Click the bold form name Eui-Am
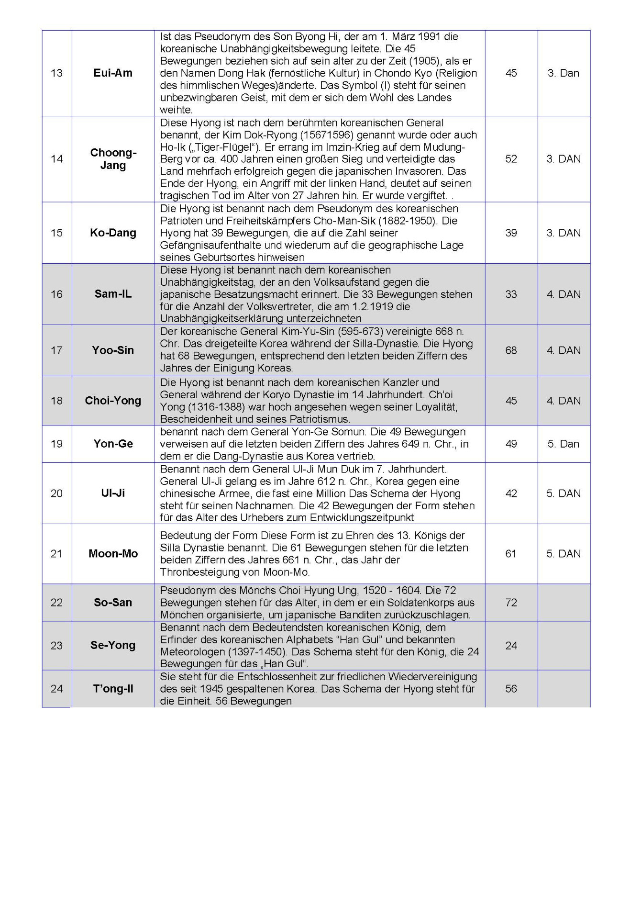(113, 73)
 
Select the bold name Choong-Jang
(113, 159)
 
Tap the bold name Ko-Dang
(113, 233)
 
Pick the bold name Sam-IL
(113, 294)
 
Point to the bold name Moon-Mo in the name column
(113, 554)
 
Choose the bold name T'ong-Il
(113, 689)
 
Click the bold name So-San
(113, 603)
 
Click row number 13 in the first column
(56, 73)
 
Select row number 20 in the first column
(56, 493)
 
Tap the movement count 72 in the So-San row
(511, 603)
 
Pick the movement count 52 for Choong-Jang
(511, 159)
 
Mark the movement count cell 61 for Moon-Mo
(511, 554)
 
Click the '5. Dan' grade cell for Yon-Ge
(563, 444)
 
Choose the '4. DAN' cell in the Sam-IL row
(564, 294)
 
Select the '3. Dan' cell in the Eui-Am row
(563, 73)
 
